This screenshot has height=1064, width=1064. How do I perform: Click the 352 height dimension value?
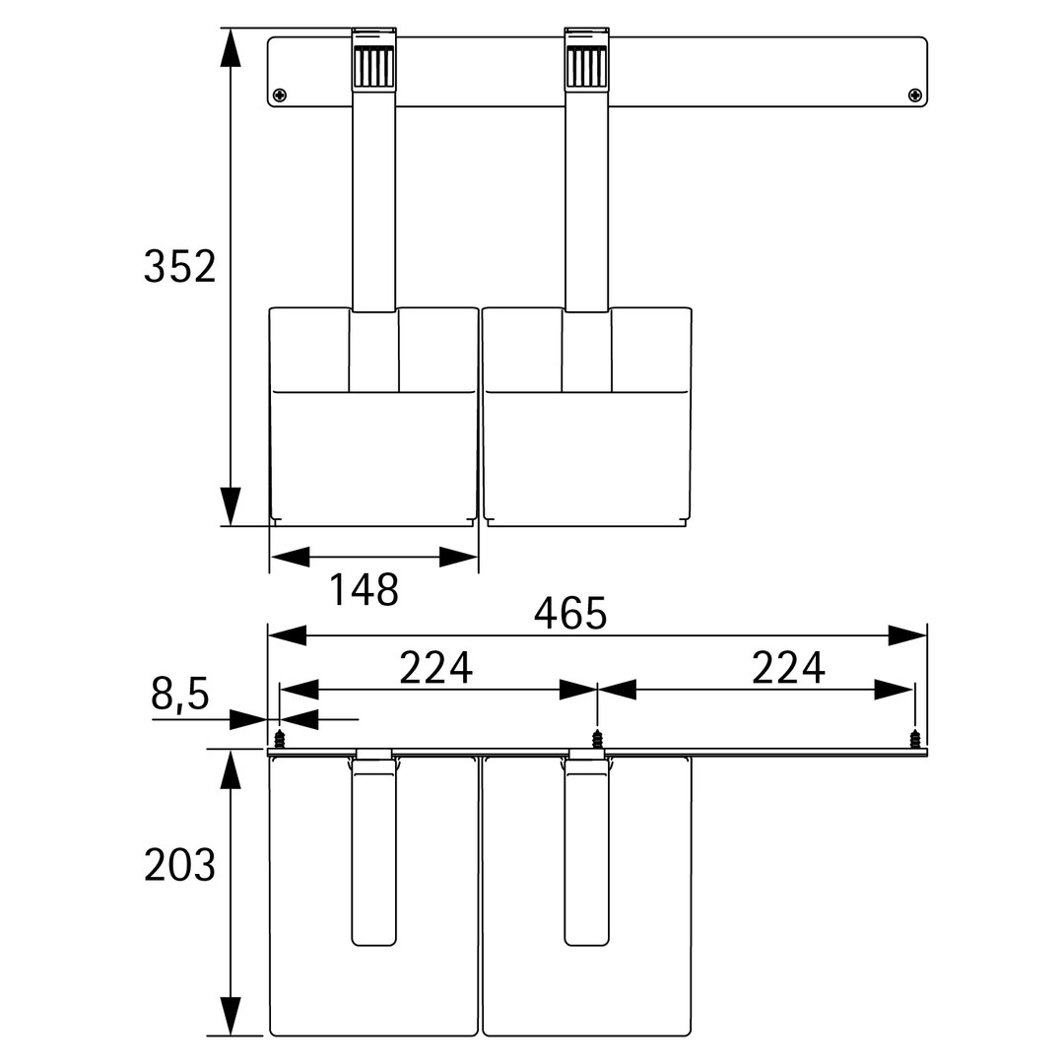click(179, 266)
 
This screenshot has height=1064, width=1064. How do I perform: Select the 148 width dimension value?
click(364, 590)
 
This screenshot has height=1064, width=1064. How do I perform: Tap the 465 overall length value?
click(570, 614)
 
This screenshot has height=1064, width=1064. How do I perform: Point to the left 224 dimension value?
click(435, 668)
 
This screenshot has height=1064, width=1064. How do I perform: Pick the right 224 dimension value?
click(788, 668)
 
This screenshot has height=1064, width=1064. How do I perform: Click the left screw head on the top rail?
click(280, 95)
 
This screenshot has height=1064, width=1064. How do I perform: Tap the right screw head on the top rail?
click(914, 95)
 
